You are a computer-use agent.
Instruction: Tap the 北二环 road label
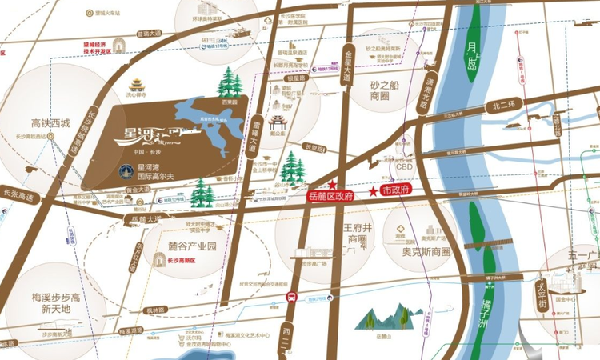tap(507, 103)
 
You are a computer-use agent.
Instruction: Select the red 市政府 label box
tap(396, 190)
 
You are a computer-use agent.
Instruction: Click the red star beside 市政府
tap(373, 192)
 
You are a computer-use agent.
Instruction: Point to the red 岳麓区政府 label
tap(330, 195)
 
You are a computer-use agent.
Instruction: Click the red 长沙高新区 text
tap(186, 260)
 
